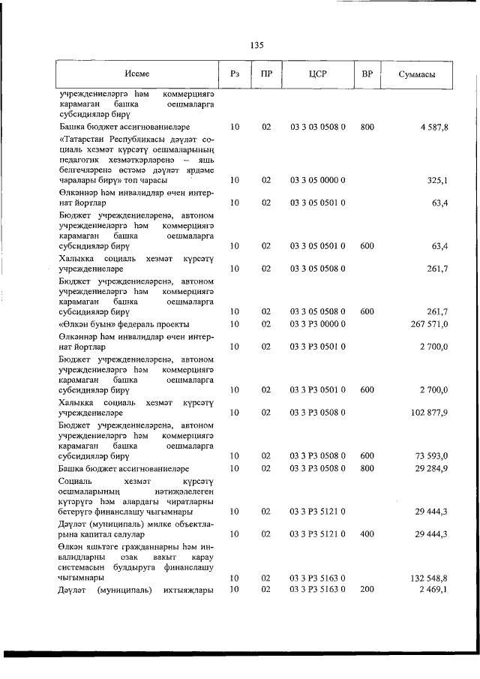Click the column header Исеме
click(x=137, y=74)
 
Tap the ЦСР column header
click(x=317, y=74)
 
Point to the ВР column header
click(x=366, y=74)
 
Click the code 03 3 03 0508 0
click(x=317, y=128)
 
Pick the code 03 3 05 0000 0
click(x=317, y=180)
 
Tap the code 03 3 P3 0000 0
click(x=317, y=323)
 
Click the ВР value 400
click(x=366, y=534)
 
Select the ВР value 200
click(x=366, y=589)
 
